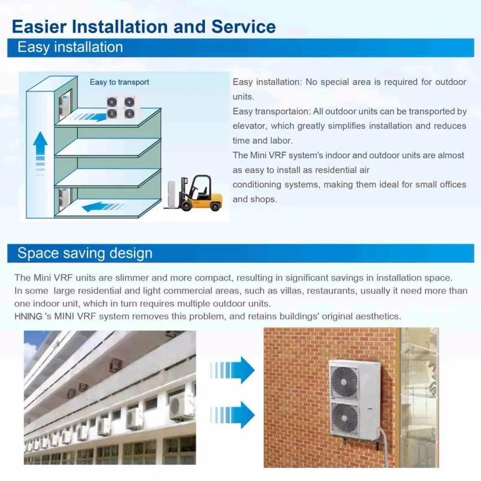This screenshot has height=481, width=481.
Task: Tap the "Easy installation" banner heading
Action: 70,47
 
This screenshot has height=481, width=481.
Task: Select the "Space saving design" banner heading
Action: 84,253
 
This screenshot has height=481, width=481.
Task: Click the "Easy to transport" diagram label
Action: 119,82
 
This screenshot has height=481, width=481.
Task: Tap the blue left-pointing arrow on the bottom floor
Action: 106,207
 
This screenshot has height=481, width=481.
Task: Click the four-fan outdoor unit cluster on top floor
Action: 121,107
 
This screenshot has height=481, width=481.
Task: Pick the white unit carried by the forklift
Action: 174,193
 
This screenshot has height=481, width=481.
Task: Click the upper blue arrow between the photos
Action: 234,370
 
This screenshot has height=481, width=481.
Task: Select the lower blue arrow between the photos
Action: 234,414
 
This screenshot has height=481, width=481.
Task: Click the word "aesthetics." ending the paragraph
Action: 377,316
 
